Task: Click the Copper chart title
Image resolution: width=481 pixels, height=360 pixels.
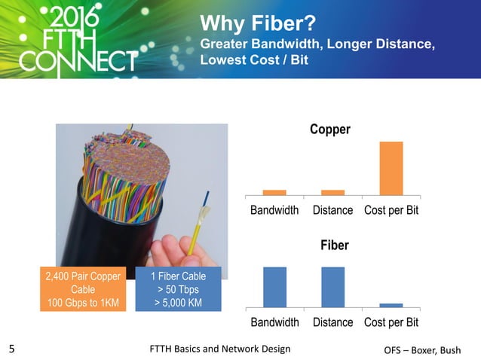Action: pos(330,130)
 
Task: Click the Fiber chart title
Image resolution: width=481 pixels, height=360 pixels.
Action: pos(334,246)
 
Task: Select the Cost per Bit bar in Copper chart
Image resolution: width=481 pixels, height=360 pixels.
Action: pos(391,168)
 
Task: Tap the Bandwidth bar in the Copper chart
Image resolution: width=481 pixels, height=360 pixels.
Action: pos(274,192)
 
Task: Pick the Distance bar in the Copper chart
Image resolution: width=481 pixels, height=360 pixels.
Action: pos(332,192)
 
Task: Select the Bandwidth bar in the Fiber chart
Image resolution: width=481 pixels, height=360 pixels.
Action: pos(274,287)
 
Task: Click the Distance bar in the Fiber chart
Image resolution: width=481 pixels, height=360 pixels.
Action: pos(332,287)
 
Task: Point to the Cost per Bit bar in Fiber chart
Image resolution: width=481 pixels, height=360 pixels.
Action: pos(391,305)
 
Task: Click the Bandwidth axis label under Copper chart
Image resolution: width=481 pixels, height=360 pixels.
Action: pos(274,210)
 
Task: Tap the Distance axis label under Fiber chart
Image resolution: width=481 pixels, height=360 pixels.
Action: pos(332,322)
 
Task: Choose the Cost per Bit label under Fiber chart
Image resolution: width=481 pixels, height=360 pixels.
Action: pos(391,322)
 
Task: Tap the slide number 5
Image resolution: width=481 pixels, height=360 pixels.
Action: pos(11,349)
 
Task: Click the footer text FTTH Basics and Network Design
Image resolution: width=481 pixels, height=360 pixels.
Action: pos(220,349)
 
